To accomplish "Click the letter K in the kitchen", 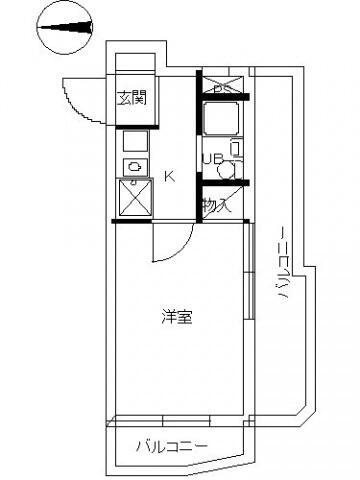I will click(169, 177).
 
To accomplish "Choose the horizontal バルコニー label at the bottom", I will click(172, 445).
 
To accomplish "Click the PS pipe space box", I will click(219, 86).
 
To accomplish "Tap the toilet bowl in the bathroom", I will click(229, 166).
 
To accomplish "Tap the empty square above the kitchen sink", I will click(134, 141).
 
